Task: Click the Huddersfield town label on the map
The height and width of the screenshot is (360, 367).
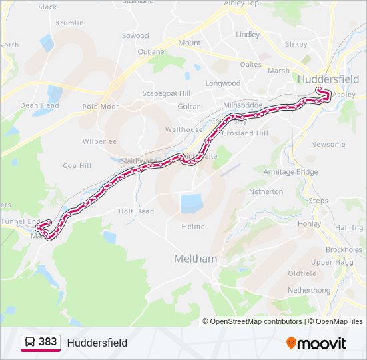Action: pyautogui.click(x=328, y=79)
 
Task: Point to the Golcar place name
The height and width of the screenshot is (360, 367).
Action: pyautogui.click(x=189, y=107)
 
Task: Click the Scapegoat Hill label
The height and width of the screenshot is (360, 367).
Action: pyautogui.click(x=167, y=93)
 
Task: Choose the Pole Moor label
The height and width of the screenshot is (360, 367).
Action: pyautogui.click(x=100, y=106)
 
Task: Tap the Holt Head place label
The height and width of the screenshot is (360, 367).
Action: pyautogui.click(x=136, y=211)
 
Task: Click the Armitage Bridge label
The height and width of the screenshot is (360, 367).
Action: pyautogui.click(x=290, y=172)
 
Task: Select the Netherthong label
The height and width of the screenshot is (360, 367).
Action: pyautogui.click(x=309, y=291)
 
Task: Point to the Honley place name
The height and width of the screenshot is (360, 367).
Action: pyautogui.click(x=310, y=224)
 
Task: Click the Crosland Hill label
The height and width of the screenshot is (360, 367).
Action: pyautogui.click(x=244, y=133)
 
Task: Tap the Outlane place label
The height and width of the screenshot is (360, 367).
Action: pyautogui.click(x=151, y=51)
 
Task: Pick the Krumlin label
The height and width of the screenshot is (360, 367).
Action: pyautogui.click(x=70, y=23)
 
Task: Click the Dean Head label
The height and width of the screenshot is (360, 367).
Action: pyautogui.click(x=39, y=105)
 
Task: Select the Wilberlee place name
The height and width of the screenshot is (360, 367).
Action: pyautogui.click(x=99, y=141)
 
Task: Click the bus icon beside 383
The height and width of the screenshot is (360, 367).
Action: pyautogui.click(x=30, y=342)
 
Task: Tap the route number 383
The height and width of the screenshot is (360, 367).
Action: pyautogui.click(x=48, y=342)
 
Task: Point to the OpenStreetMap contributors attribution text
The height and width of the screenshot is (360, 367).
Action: pyautogui.click(x=252, y=321)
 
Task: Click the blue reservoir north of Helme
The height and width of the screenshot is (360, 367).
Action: pyautogui.click(x=191, y=203)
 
